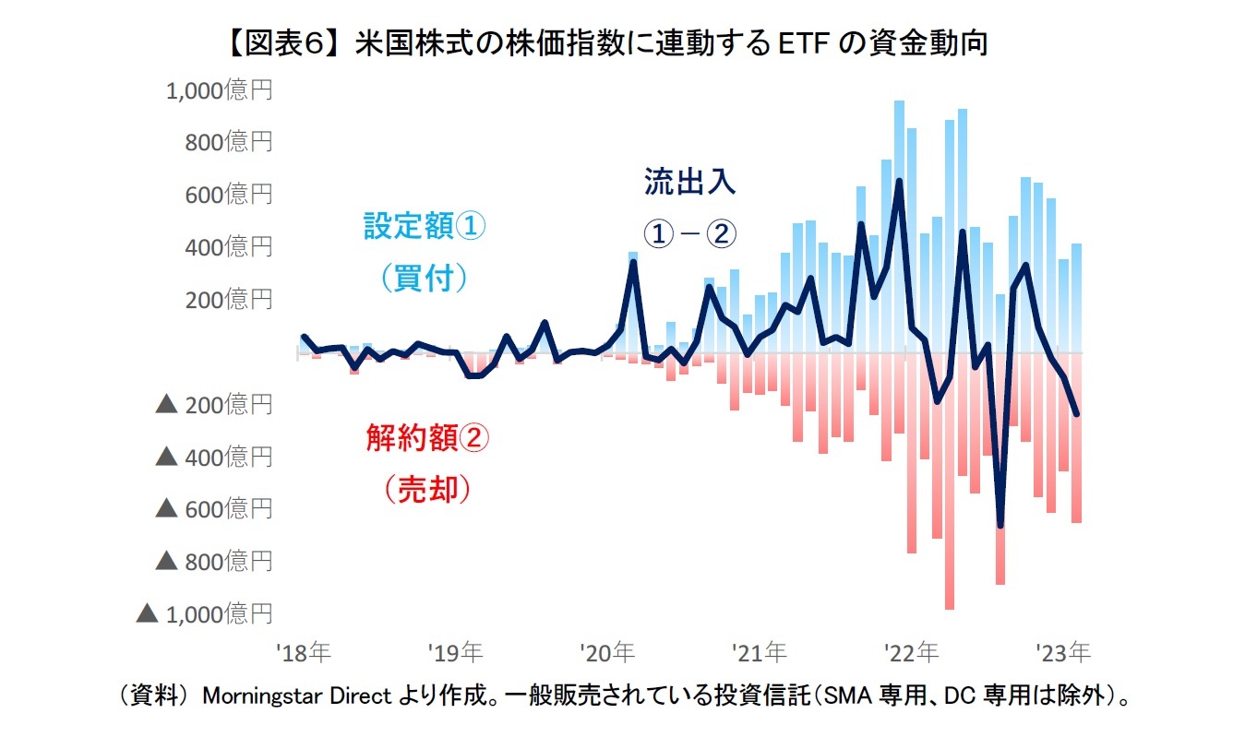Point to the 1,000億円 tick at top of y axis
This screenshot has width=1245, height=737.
click(x=219, y=90)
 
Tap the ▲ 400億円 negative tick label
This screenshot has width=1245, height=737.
click(x=215, y=457)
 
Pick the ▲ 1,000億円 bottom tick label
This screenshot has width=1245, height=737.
click(x=205, y=613)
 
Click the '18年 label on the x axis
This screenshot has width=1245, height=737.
click(x=304, y=653)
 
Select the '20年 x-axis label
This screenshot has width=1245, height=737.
click(x=608, y=653)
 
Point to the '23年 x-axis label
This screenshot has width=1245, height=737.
click(x=1064, y=653)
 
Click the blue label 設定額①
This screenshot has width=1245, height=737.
click(x=425, y=227)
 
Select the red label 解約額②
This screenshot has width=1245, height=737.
click(x=427, y=438)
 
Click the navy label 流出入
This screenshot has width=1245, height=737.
click(x=690, y=182)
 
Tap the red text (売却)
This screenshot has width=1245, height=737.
click(x=427, y=490)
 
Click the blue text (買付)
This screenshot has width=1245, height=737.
click(x=425, y=278)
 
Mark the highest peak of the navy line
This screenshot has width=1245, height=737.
click(x=899, y=181)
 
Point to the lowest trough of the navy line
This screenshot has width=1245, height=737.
click(x=1000, y=526)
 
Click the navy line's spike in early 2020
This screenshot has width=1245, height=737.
click(x=633, y=262)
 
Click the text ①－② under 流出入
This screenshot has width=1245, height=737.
click(x=690, y=233)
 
